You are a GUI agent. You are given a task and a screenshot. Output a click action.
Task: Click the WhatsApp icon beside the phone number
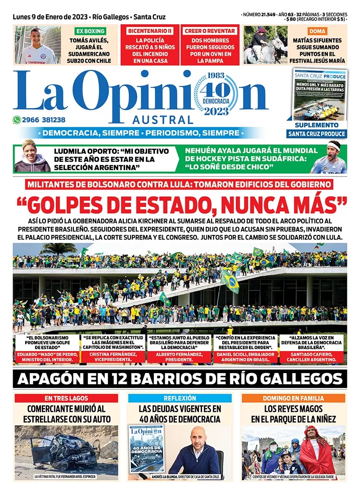17,120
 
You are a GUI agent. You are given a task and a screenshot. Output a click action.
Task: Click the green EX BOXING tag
90,31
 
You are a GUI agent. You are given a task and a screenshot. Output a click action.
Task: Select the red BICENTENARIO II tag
150,31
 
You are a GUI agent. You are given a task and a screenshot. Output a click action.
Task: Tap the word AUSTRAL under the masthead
162,120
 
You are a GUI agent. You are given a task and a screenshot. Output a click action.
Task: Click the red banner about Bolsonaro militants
180,184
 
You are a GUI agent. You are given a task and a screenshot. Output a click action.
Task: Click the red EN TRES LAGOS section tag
66,398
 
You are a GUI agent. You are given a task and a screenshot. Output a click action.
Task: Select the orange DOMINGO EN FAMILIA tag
293,398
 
